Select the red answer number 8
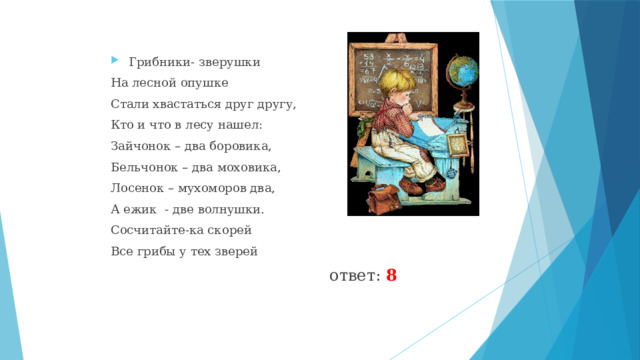391,275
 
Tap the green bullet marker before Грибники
115,60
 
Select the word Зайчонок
141,145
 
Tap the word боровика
240,145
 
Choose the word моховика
246,166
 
